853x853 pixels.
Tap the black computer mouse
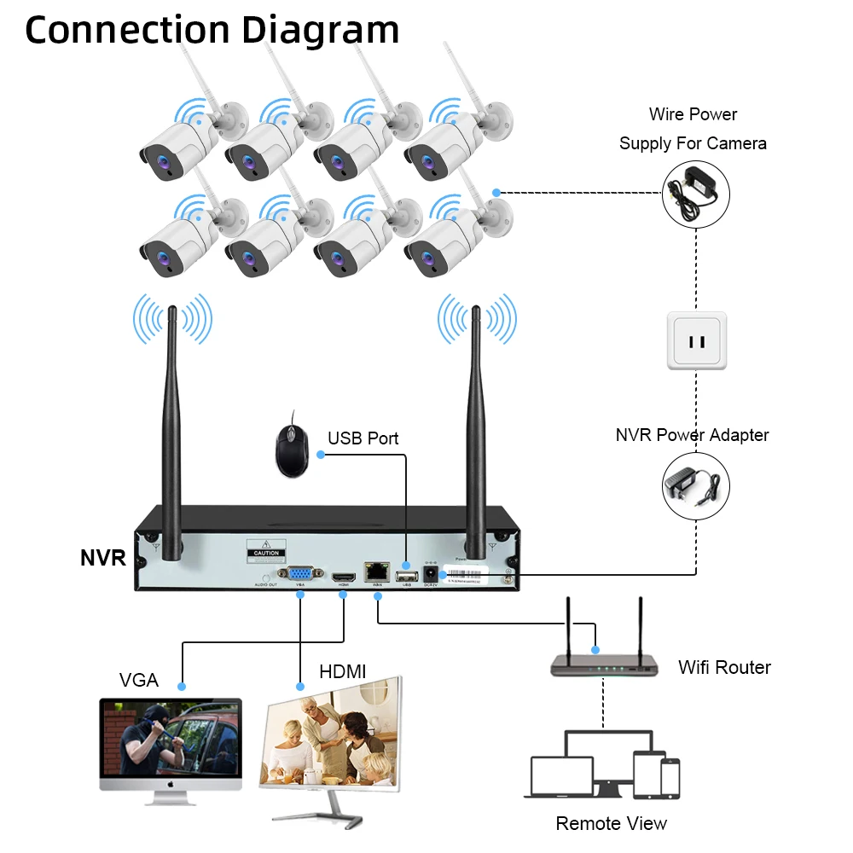[x=290, y=444]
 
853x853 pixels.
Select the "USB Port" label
[x=363, y=438]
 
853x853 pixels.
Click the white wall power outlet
[x=697, y=340]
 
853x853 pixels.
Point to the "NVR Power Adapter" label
[x=692, y=435]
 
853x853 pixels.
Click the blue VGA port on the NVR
[x=299, y=574]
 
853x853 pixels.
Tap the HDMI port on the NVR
[x=343, y=577]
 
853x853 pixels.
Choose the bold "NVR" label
[x=102, y=559]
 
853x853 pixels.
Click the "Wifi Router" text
[x=724, y=667]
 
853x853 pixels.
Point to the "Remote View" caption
[x=611, y=823]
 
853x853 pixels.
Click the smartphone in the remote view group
[x=670, y=779]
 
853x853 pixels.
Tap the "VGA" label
[x=138, y=680]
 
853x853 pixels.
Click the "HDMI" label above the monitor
[x=342, y=672]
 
